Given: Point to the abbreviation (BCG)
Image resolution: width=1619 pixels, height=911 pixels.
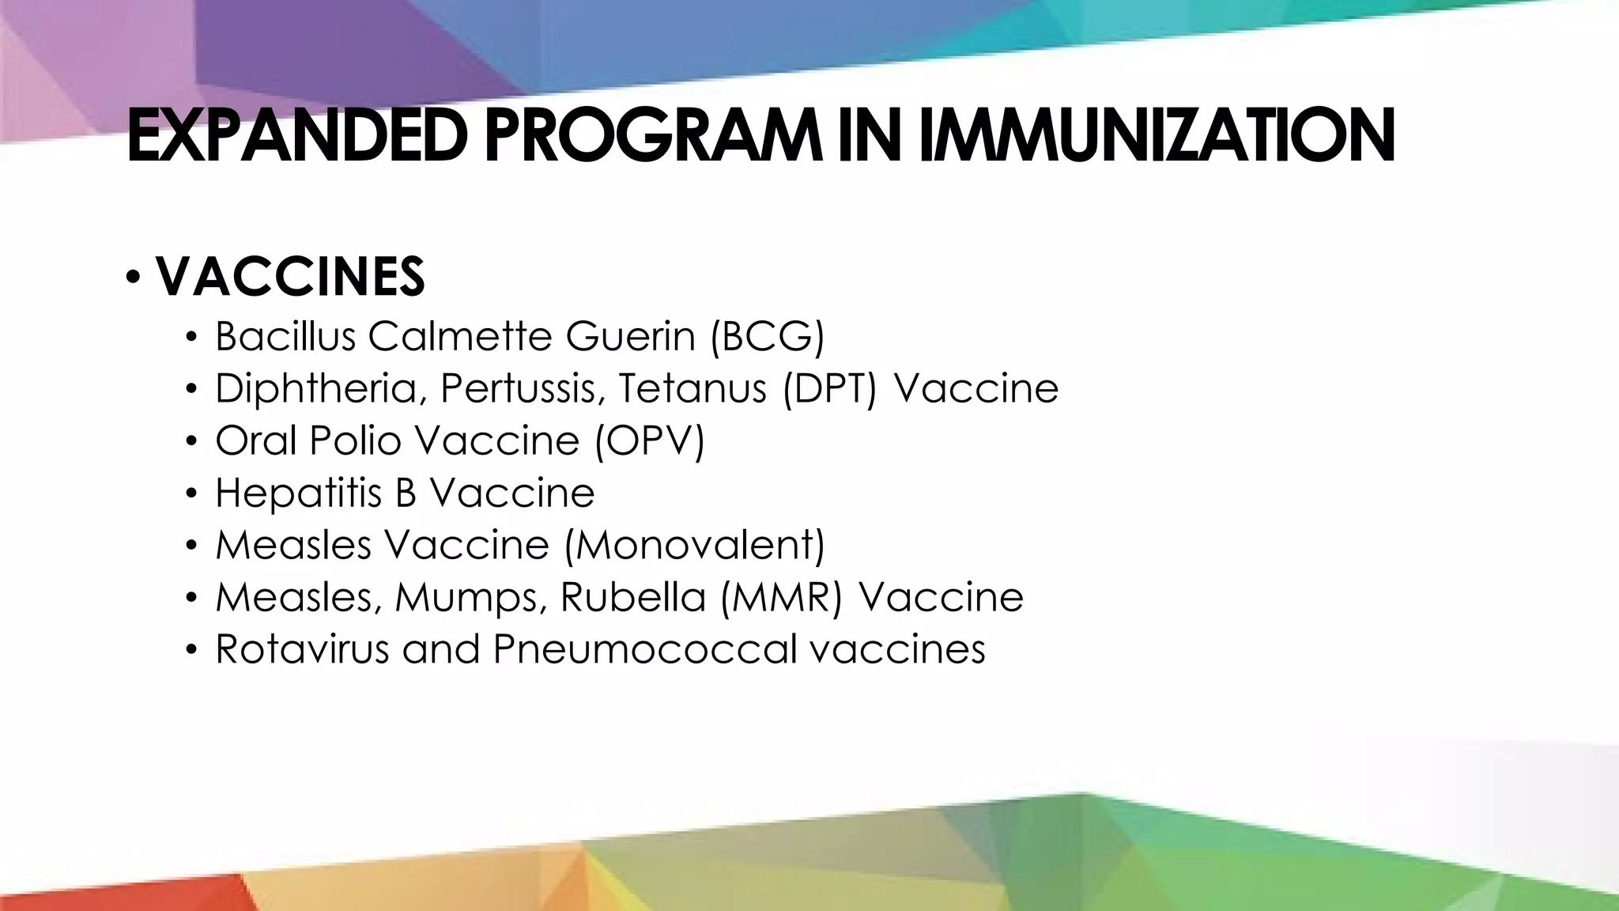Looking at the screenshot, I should [x=767, y=336].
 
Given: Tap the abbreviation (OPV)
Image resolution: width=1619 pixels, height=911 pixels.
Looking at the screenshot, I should [x=649, y=440].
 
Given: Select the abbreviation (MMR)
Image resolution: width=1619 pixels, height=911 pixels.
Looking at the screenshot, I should [x=781, y=597].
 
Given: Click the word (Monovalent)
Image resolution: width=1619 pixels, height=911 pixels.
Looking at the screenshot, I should [x=694, y=545].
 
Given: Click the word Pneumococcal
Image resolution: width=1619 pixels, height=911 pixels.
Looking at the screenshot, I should [x=645, y=649].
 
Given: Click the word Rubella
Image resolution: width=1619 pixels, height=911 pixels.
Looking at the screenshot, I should [x=632, y=597].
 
